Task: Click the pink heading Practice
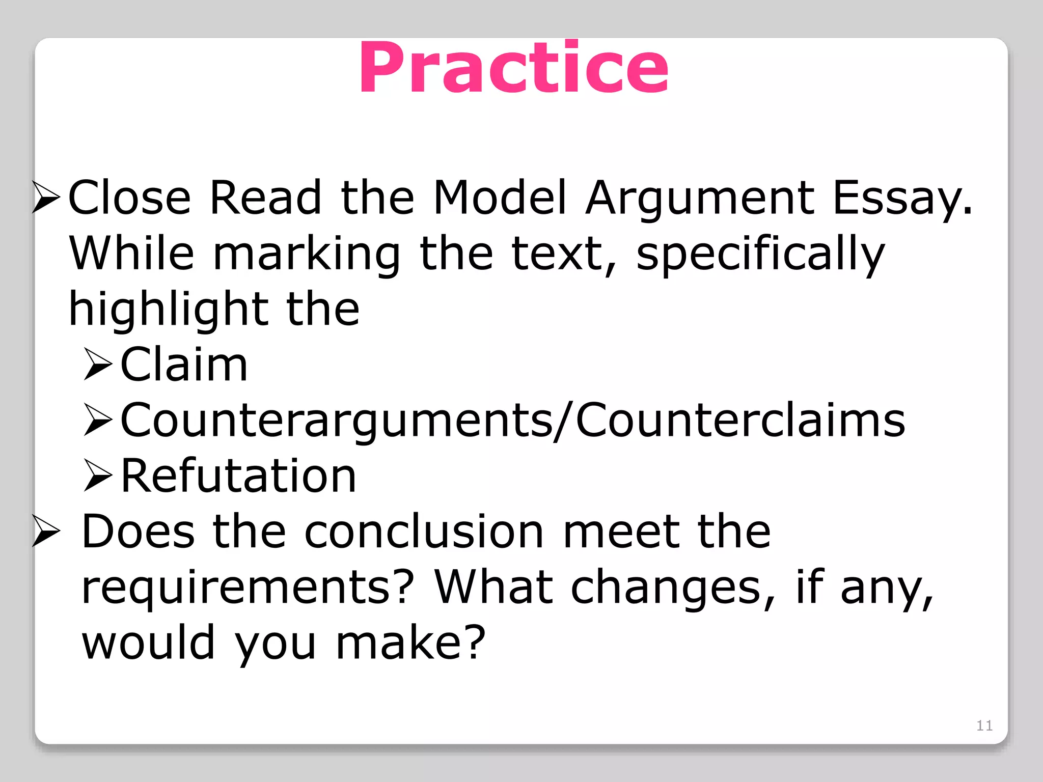513,68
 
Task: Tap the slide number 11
984,725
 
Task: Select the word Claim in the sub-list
184,365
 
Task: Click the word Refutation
238,476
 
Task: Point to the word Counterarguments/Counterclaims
513,421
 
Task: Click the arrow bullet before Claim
98,365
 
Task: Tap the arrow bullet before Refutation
98,476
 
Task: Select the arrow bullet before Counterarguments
98,421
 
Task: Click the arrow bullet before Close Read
46,198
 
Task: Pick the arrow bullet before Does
46,532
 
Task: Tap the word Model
500,198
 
